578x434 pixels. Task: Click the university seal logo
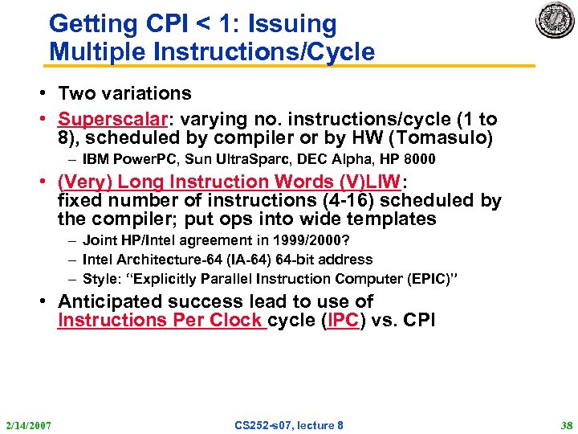coord(556,21)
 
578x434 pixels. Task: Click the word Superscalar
coord(112,119)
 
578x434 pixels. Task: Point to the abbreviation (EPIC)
coord(430,278)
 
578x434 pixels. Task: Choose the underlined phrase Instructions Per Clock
coord(161,320)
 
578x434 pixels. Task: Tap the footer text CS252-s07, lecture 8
coord(289,424)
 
